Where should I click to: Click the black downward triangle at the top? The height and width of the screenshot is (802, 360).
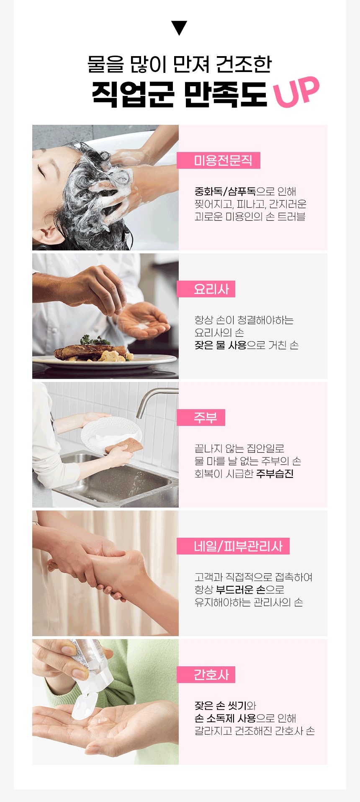click(x=179, y=28)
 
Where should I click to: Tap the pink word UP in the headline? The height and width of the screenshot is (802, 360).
click(x=296, y=92)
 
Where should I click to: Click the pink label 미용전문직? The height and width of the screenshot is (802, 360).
click(x=219, y=160)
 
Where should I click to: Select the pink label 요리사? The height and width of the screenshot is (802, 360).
click(x=206, y=289)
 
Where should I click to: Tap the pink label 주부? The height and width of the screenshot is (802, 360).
click(x=201, y=418)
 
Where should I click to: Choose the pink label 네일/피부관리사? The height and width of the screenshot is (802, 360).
click(x=233, y=546)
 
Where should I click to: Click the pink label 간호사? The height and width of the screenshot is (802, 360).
click(x=206, y=675)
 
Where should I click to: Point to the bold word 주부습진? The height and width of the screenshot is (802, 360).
click(x=275, y=474)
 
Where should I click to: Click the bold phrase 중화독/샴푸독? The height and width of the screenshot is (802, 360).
click(x=225, y=191)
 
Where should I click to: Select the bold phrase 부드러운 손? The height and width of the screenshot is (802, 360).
click(x=241, y=590)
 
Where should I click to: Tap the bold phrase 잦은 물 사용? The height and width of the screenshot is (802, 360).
click(x=220, y=345)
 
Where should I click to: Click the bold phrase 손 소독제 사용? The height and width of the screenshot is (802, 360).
click(x=225, y=718)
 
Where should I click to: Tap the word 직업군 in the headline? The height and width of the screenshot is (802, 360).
click(x=133, y=93)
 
